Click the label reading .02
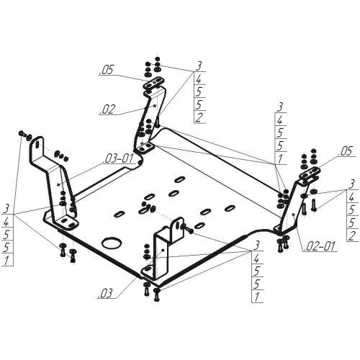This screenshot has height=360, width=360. (x=107, y=109)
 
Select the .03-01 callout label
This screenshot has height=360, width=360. (x=117, y=158)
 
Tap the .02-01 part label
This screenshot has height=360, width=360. (x=319, y=246)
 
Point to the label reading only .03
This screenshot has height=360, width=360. (x=105, y=293)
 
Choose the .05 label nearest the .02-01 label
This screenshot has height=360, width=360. (x=346, y=151)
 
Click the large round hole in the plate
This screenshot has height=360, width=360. (x=112, y=243)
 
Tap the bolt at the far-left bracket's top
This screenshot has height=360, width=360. (x=22, y=133)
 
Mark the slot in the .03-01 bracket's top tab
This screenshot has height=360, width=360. (x=37, y=144)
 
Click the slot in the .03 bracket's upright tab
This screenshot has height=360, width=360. (x=176, y=225)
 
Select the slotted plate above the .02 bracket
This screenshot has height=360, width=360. (x=153, y=83)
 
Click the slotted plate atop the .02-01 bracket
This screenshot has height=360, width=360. (x=310, y=174)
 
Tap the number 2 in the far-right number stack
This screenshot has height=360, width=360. (x=352, y=235)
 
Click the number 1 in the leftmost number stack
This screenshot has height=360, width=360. (x=6, y=260)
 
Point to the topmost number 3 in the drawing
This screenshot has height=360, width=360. (x=199, y=66)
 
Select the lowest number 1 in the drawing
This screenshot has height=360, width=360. (x=257, y=297)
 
